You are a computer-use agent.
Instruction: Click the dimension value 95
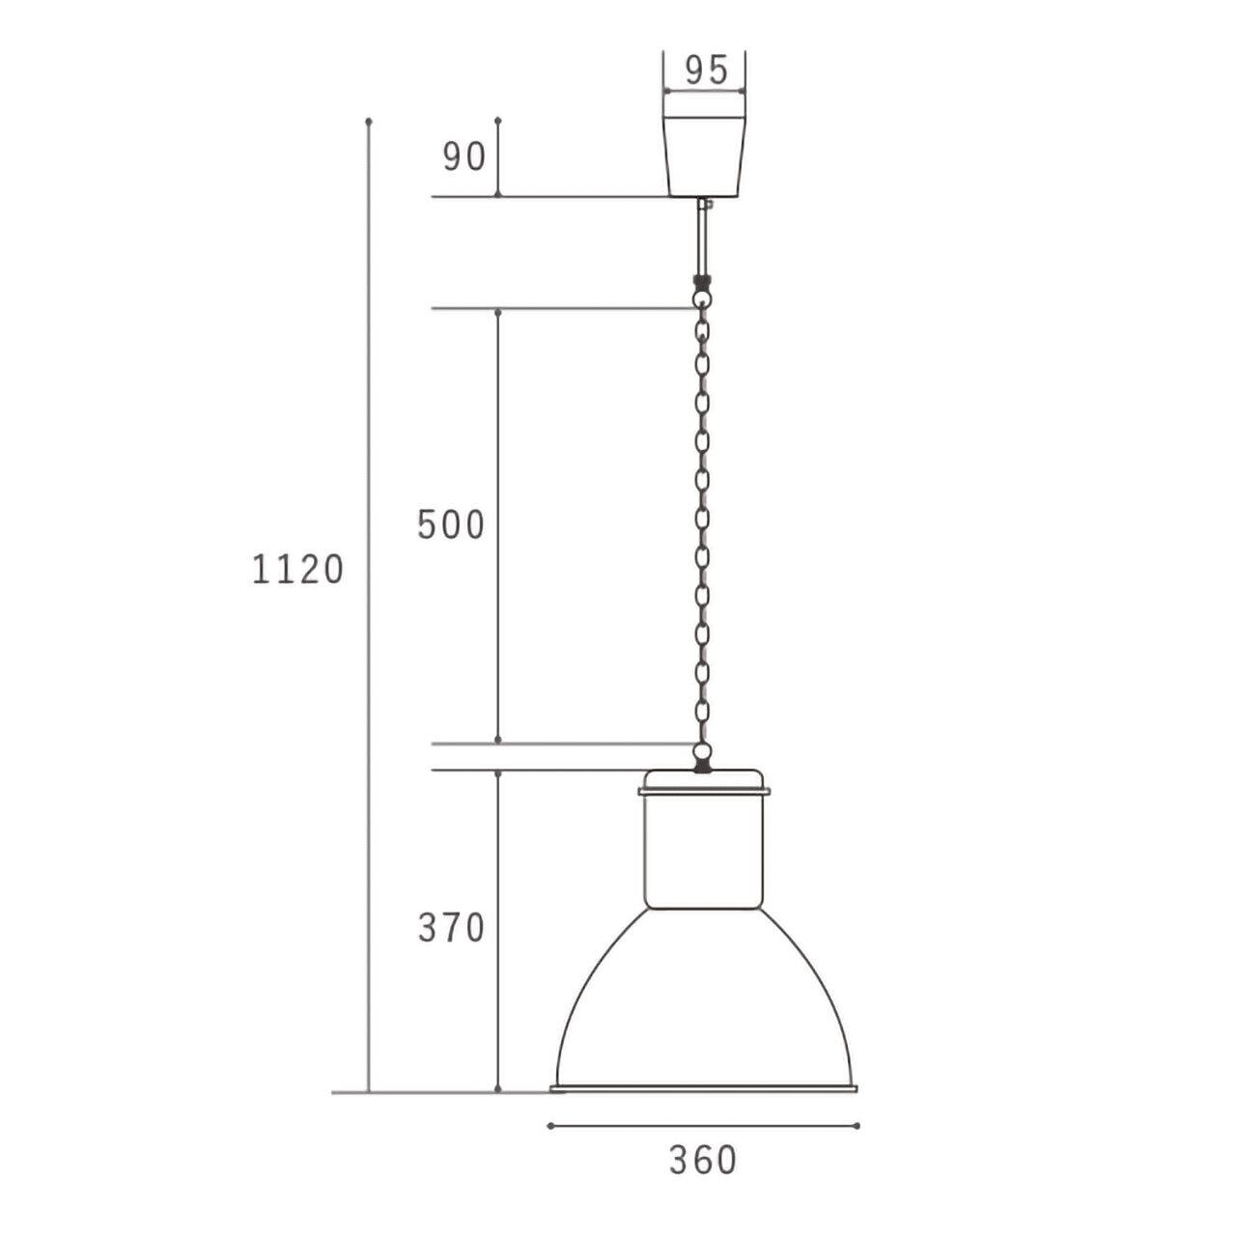706,70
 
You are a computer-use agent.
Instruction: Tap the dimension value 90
463,156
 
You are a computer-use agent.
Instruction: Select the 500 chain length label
450,524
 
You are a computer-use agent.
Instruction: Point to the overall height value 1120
297,570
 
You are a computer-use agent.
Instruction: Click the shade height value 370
451,927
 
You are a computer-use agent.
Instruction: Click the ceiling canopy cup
704,156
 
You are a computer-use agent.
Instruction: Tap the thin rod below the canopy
702,237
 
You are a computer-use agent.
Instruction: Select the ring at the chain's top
703,299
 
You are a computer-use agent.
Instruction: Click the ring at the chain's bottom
703,751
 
